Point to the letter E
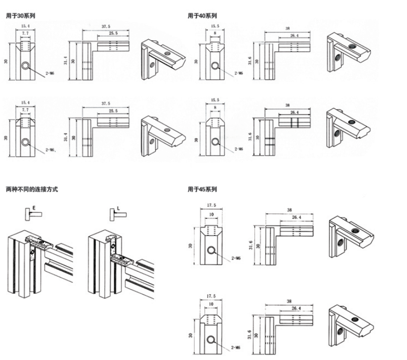pyautogui.click(x=34, y=206)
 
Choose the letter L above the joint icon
pyautogui.click(x=117, y=206)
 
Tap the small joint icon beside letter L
pyautogui.click(x=116, y=214)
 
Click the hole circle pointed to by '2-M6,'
pyautogui.click(x=25, y=142)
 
